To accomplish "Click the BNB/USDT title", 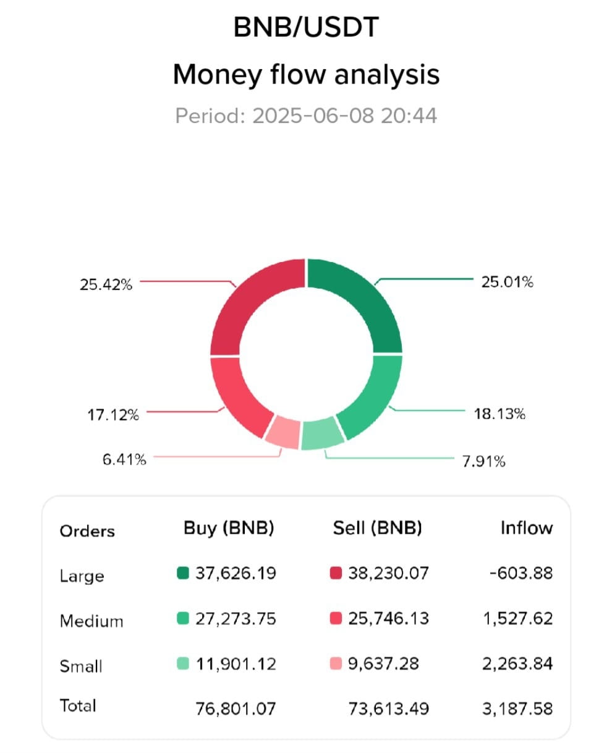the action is (x=306, y=27).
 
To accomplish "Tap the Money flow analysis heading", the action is (x=306, y=75).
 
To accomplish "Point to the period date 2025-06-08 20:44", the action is (x=345, y=116).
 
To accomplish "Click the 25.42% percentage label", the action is (x=106, y=284).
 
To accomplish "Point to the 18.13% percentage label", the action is (x=499, y=414).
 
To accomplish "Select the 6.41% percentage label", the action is (x=124, y=459).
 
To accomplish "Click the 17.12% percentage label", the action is (x=113, y=415).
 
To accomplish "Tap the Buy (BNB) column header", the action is (x=229, y=529).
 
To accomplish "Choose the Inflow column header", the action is (x=527, y=528).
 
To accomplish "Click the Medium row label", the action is (x=91, y=621).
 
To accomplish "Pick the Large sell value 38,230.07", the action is (x=389, y=573).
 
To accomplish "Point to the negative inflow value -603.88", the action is (x=521, y=573).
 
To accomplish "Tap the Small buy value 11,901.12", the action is (x=236, y=664).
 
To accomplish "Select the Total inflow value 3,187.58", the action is (x=517, y=709).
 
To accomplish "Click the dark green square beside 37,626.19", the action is (x=183, y=573).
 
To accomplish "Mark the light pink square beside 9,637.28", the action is (x=336, y=663).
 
